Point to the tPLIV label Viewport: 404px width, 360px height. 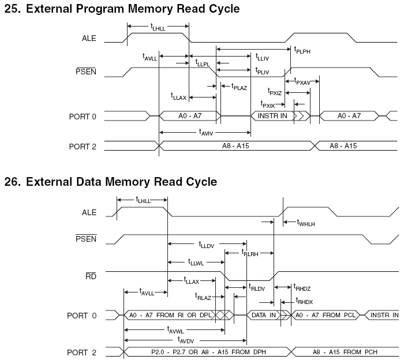(262, 70)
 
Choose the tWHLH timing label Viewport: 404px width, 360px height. (306, 222)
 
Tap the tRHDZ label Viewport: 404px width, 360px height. (302, 287)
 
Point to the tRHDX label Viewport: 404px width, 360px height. (305, 301)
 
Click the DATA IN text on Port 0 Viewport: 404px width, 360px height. (263, 315)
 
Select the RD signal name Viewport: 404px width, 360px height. (91, 276)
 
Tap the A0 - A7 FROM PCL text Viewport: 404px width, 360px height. (327, 315)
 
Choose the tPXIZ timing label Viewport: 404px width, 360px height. (275, 92)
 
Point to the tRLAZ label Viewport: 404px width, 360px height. (203, 297)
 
